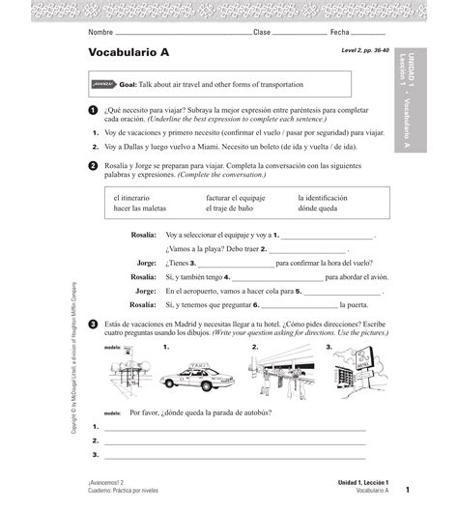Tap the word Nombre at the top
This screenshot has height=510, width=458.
pos(100,32)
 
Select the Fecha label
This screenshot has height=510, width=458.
pos(344,32)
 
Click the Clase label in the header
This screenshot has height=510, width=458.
pos(262,32)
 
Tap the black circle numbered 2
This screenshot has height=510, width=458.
pos(93,166)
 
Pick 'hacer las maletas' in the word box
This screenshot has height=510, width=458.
pos(140,209)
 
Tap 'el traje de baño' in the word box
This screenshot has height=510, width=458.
pos(232,209)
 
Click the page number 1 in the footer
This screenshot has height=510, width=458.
pos(408,490)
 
